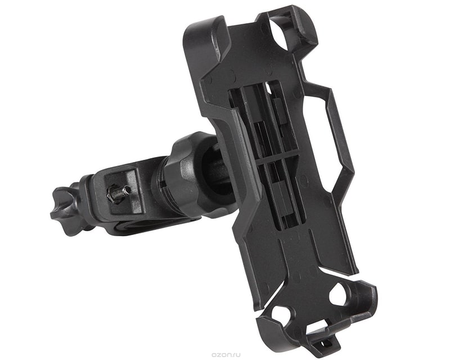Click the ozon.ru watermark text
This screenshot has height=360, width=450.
(x=226, y=355)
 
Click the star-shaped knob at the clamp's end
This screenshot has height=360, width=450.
(x=65, y=210)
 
